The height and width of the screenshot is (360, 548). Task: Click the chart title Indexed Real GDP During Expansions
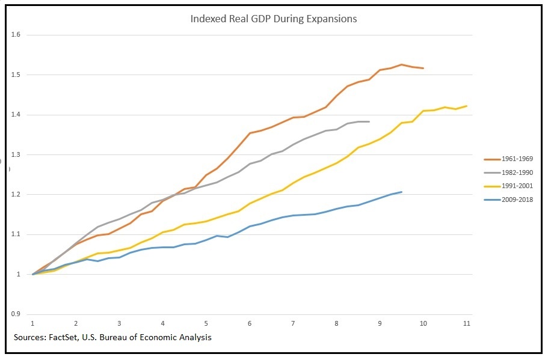coord(274,19)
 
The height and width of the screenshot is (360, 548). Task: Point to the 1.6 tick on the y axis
coord(16,35)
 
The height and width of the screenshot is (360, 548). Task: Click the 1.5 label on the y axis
coord(16,75)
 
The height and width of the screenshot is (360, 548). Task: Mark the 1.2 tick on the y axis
coord(16,195)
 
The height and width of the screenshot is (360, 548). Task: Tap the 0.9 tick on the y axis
coord(16,314)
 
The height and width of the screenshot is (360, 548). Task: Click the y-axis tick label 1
coord(19,275)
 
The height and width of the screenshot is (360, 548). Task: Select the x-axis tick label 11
coord(466,324)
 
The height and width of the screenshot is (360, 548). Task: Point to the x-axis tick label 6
coord(250,324)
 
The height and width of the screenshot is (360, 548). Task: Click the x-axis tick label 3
coord(119,324)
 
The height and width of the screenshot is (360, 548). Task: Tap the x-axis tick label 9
coord(380,324)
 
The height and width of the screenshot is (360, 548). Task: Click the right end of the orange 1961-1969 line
coord(423,68)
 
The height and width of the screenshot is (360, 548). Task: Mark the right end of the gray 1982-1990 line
coord(369,121)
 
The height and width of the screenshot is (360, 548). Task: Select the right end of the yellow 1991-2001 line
coord(467,106)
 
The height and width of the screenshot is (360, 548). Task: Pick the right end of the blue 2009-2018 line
coord(401,192)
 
